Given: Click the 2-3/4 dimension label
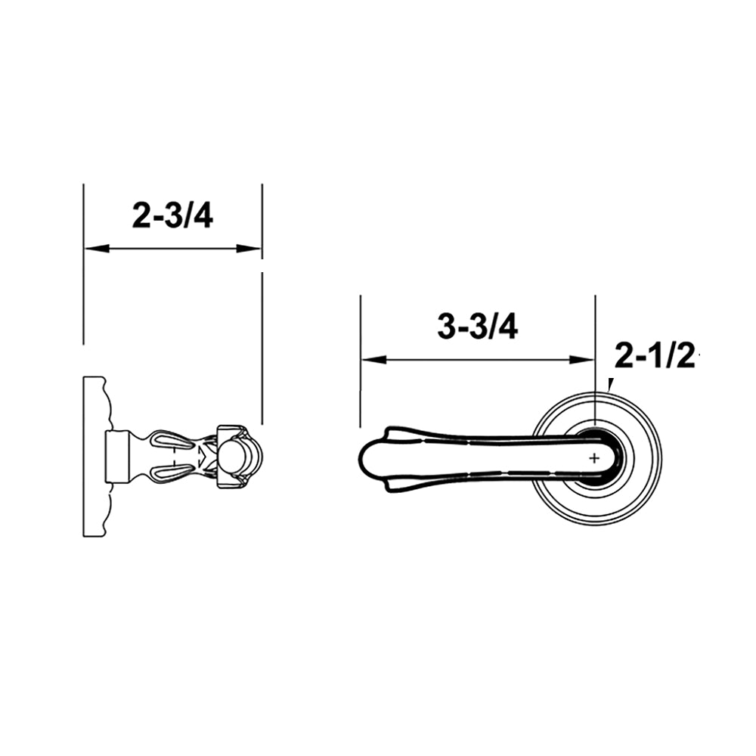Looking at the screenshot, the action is click(x=172, y=215).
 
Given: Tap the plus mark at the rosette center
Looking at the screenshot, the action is click(x=594, y=457).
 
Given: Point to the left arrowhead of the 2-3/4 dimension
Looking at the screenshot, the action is click(x=97, y=248).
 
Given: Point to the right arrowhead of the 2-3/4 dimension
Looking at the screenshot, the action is click(x=249, y=248).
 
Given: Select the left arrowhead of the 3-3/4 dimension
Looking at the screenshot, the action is click(x=374, y=360).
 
